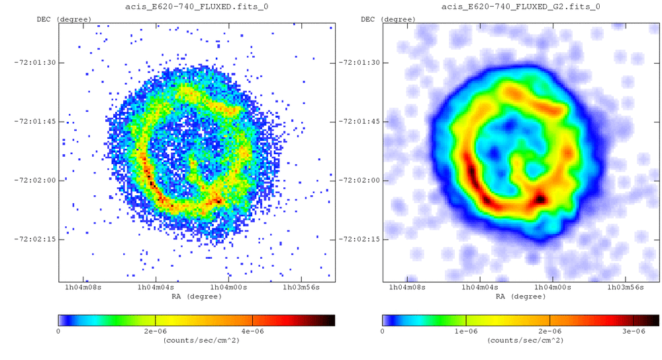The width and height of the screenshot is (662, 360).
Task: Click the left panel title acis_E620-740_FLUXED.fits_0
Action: click(x=197, y=7)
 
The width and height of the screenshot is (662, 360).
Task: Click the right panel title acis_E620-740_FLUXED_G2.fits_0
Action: click(x=521, y=7)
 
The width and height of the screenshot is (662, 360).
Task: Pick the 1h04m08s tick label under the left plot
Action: click(x=82, y=288)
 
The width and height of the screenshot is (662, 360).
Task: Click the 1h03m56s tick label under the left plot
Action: click(x=302, y=288)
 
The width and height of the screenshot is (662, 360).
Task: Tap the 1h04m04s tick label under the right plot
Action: click(x=479, y=288)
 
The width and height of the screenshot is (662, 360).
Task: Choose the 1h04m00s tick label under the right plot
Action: click(x=553, y=288)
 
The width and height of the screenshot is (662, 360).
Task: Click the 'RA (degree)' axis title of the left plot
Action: click(x=197, y=296)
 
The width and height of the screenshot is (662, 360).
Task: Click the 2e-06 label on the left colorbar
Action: click(x=155, y=331)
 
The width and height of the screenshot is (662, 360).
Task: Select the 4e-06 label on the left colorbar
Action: click(x=252, y=331)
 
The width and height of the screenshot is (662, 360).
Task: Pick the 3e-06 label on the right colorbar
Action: click(x=634, y=331)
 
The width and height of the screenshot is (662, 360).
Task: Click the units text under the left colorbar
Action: click(x=197, y=340)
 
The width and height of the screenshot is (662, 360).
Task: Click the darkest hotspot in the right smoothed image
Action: click(x=541, y=198)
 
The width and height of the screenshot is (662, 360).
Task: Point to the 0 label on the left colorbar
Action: click(x=59, y=331)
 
